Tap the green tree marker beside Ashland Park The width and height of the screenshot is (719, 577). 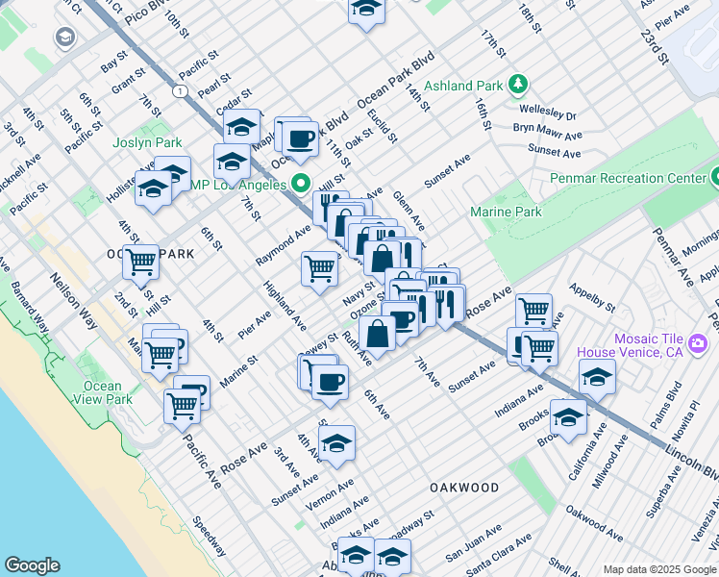tap(518, 85)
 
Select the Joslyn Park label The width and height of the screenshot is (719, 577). tap(147, 142)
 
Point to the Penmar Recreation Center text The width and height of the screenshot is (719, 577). tap(627, 178)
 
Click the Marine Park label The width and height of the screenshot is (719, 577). tap(506, 212)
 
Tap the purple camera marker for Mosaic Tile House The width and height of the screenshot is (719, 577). tap(699, 344)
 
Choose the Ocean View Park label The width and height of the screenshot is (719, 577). tap(103, 392)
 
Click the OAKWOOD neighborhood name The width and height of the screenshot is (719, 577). tap(464, 488)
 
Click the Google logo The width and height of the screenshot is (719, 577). tap(32, 565)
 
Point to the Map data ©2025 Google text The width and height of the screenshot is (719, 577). tap(658, 569)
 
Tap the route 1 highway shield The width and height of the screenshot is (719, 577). tap(179, 90)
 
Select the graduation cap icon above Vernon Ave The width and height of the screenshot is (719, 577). tap(336, 444)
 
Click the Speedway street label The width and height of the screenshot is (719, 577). tap(209, 538)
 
